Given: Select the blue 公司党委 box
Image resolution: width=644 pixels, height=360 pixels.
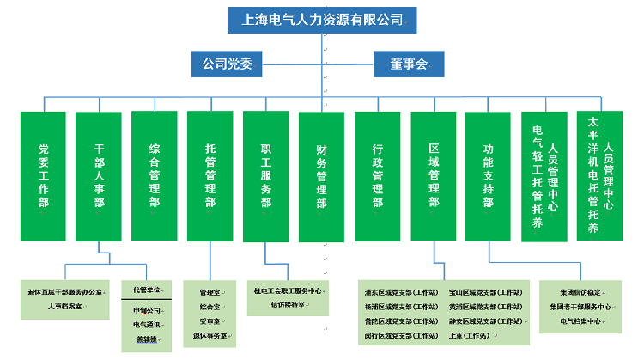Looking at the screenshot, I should (x=226, y=63).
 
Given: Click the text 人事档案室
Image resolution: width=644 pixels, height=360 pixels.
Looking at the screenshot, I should (x=65, y=305).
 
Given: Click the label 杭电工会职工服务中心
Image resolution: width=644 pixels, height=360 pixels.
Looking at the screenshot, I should (x=287, y=290).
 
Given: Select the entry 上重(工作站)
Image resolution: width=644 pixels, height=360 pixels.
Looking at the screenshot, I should (x=469, y=335).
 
